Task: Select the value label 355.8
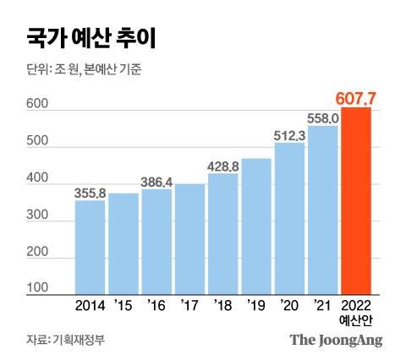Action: coord(90,193)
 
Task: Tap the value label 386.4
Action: coord(156,182)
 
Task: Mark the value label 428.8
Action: coord(223,166)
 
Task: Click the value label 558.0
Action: coord(323,117)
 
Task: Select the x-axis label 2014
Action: coord(90,304)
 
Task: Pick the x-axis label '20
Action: coord(290,304)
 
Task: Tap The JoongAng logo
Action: coord(337,340)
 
